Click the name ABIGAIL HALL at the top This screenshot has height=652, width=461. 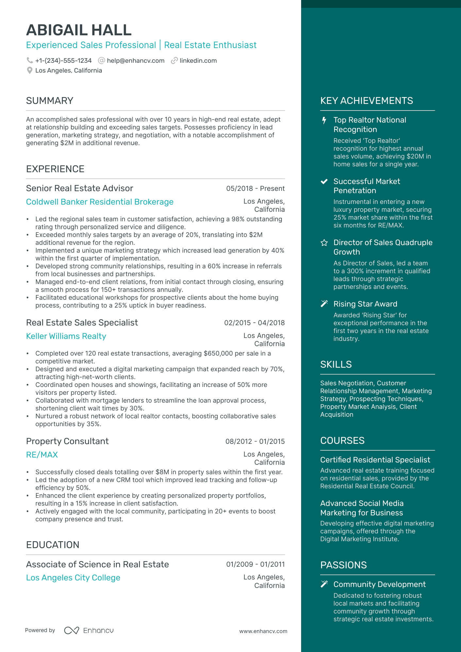tap(79, 30)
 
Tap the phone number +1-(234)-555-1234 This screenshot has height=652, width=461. tap(63, 61)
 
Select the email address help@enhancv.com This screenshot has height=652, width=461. tap(135, 61)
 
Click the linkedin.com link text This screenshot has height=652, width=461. tap(198, 61)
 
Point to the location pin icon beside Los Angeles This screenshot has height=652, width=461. tap(29, 71)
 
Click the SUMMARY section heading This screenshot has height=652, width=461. tap(50, 101)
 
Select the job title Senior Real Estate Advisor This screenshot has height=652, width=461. tap(80, 188)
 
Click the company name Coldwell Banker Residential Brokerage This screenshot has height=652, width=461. tap(100, 202)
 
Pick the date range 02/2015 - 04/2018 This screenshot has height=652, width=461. tap(254, 323)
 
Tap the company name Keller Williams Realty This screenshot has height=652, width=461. tap(66, 336)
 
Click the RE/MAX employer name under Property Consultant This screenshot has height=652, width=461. tap(42, 455)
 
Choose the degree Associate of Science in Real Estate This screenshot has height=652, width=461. tap(97, 564)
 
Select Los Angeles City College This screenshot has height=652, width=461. tap(73, 578)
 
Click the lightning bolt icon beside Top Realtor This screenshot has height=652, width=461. tap(324, 120)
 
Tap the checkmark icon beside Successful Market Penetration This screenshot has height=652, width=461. tap(324, 182)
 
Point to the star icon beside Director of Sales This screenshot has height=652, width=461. tap(324, 243)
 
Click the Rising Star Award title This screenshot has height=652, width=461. tap(365, 304)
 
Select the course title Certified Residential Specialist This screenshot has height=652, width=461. tap(375, 460)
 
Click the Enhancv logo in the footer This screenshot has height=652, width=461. tap(89, 630)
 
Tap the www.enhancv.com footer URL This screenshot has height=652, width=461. tap(263, 631)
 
